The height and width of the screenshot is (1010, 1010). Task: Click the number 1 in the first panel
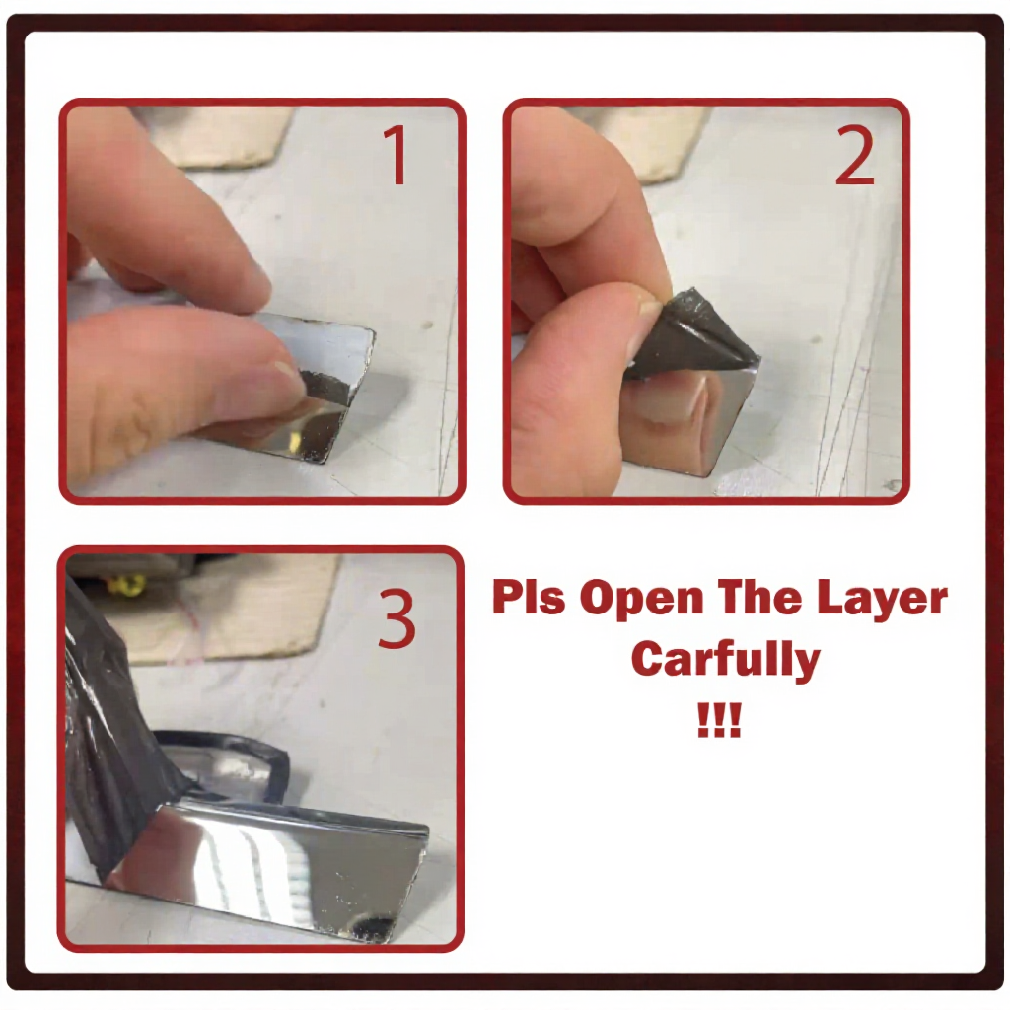[x=396, y=155]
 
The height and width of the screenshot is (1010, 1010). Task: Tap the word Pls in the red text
[x=528, y=598]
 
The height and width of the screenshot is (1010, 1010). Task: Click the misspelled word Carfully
[x=725, y=658]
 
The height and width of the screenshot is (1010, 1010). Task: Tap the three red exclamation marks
[x=719, y=721]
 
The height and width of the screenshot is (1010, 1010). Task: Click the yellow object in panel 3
[x=127, y=585]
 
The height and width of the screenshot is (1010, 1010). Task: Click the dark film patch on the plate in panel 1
[x=325, y=390]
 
